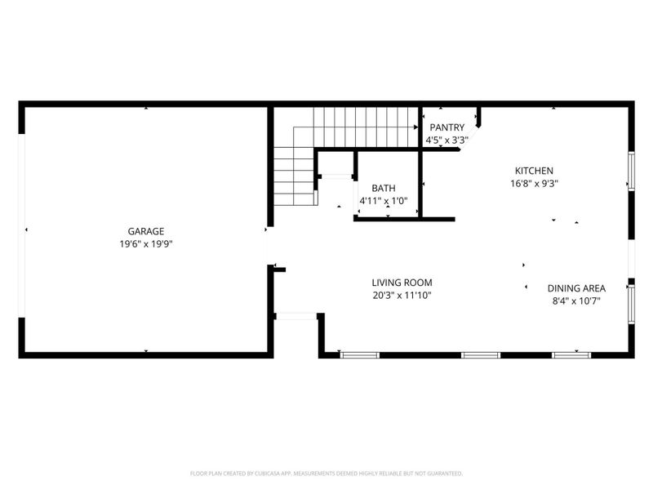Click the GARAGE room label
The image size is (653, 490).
(145, 231)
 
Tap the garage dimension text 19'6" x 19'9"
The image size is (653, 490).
(145, 243)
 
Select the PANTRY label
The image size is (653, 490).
(447, 127)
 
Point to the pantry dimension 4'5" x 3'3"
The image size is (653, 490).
(447, 140)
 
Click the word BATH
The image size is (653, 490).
(384, 188)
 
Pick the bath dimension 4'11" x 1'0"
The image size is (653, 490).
(384, 200)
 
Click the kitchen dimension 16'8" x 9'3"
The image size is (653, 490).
(534, 184)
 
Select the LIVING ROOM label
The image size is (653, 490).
(402, 283)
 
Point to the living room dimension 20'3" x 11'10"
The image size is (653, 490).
(402, 296)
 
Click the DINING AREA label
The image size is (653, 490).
(576, 288)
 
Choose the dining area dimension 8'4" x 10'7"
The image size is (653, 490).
(576, 301)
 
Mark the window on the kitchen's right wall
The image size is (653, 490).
(630, 171)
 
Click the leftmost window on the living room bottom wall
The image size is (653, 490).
(359, 354)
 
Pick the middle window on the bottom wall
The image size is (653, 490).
(480, 354)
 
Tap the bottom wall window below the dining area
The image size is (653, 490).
(571, 354)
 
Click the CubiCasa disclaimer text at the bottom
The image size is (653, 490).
(326, 473)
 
